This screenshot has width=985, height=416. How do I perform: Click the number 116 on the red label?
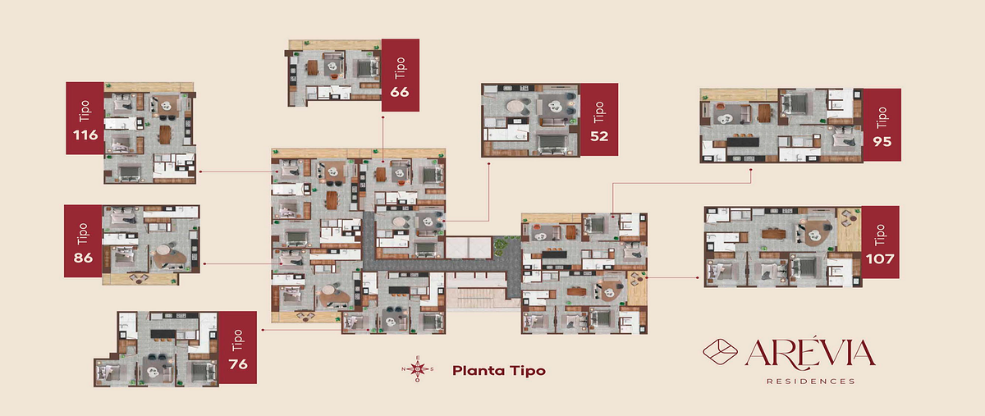point(85,135)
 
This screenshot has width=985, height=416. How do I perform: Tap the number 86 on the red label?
point(83,258)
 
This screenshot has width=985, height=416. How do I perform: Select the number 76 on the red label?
point(238,364)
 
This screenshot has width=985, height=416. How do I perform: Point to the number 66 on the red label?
point(400,92)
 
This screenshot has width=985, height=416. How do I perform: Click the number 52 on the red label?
point(599,136)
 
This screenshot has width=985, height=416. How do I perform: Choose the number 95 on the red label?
point(882,142)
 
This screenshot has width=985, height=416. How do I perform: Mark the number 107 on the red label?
point(880,258)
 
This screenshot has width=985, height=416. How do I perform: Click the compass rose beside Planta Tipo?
point(417,368)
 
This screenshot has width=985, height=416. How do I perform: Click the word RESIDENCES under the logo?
point(811,382)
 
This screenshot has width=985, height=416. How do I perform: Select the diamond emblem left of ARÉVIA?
point(721,351)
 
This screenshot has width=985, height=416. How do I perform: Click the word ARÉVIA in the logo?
point(810,353)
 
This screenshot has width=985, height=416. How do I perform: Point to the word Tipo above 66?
point(400,68)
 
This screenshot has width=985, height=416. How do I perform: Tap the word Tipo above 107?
point(880,235)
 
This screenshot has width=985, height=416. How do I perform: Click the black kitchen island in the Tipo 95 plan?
point(743,142)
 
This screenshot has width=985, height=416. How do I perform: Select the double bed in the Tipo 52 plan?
point(552,144)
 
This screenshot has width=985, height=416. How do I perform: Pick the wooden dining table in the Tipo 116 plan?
point(165,135)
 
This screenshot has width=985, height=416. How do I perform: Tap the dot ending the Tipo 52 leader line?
point(488,164)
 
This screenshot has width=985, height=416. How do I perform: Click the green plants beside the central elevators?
point(500,247)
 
